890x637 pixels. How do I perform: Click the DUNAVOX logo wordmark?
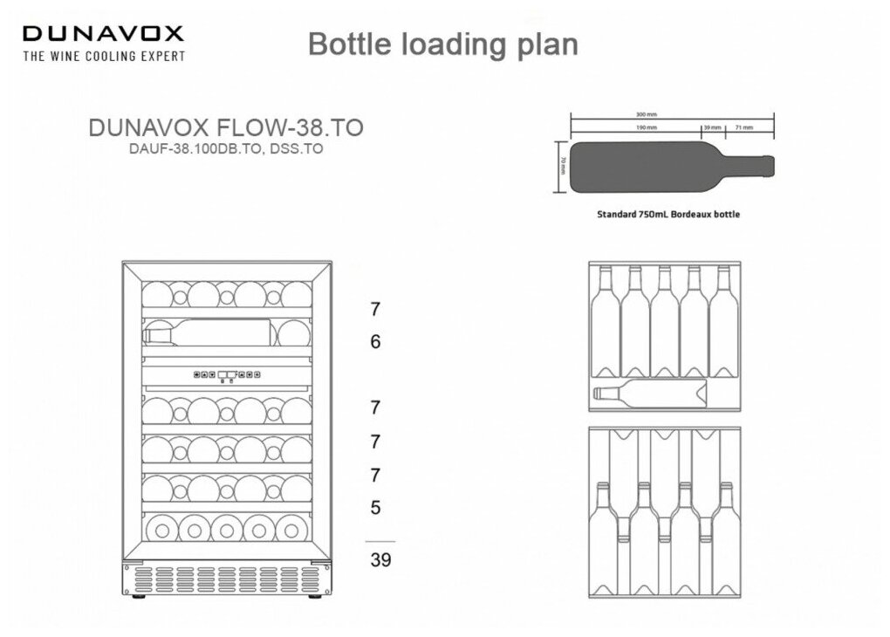[x=103, y=34]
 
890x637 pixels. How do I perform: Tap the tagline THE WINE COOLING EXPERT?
[x=103, y=56]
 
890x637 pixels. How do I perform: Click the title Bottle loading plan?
[x=442, y=45]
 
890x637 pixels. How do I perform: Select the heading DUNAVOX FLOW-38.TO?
[x=226, y=127]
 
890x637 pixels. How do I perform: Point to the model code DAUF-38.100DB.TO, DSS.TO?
[x=226, y=148]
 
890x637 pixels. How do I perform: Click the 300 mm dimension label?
[x=646, y=114]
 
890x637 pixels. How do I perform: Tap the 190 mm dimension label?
[x=646, y=127]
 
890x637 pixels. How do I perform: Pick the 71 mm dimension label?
[x=743, y=127]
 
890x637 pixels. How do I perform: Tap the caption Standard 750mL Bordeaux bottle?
[x=667, y=214]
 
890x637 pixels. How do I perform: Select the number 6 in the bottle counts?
[x=375, y=342]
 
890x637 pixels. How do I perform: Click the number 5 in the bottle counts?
[x=375, y=507]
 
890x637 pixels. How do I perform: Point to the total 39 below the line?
[x=380, y=560]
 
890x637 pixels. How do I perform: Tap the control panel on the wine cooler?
[x=227, y=375]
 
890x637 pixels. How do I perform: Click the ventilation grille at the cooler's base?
[x=227, y=579]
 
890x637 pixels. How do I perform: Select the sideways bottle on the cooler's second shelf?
[x=209, y=332]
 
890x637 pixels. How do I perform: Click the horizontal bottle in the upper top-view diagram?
[x=650, y=394]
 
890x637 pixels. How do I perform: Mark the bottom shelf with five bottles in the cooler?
[x=227, y=528]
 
